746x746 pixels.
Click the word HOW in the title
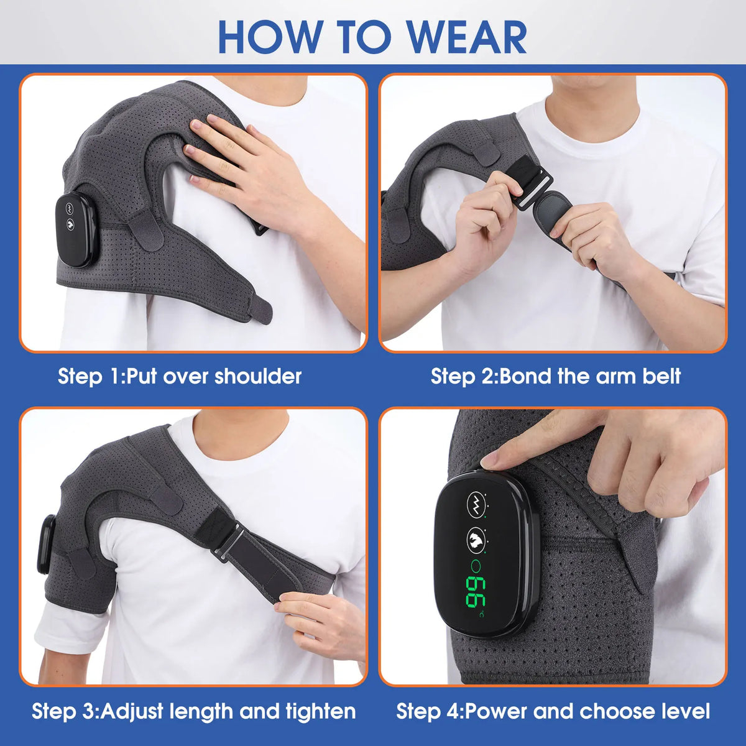[x=264, y=37]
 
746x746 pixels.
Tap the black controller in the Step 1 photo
[x=76, y=230]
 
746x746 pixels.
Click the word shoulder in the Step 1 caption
[x=258, y=376]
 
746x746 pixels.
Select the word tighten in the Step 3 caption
[x=321, y=711]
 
